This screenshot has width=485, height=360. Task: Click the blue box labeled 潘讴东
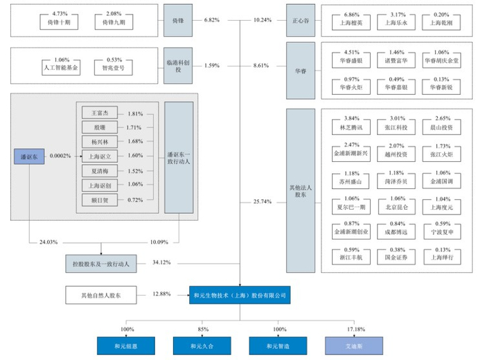(28, 157)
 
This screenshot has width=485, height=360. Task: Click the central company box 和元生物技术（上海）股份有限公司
(240, 296)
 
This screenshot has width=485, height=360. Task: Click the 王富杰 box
(94, 112)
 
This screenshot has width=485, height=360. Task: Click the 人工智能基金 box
(61, 69)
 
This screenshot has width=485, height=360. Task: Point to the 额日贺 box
(94, 199)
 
